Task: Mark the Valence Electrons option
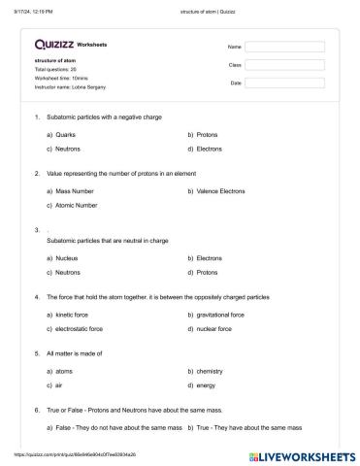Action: pos(220,191)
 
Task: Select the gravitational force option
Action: pos(223,315)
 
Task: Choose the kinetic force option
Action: pos(73,315)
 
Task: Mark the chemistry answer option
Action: pos(211,371)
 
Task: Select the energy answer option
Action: pos(207,385)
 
